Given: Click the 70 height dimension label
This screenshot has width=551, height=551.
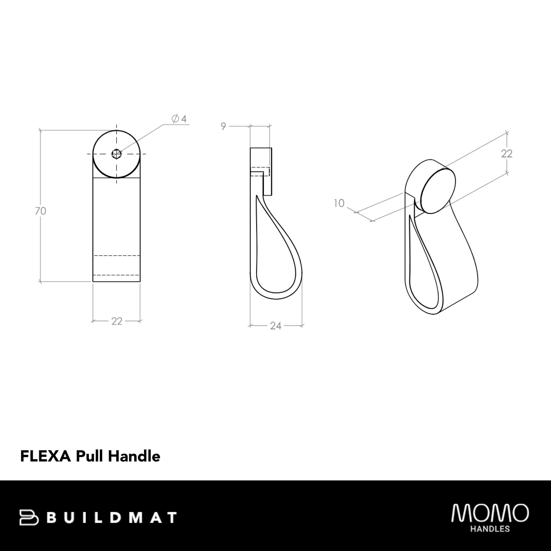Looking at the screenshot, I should click(x=40, y=211).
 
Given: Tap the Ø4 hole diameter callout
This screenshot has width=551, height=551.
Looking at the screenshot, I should click(x=179, y=119).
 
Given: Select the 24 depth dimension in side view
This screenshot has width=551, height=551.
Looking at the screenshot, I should click(x=275, y=326).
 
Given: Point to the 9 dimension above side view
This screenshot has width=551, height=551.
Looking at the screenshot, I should click(x=223, y=126).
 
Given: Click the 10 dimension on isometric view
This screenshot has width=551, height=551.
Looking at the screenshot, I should click(x=339, y=203).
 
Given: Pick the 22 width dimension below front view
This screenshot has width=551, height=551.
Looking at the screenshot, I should click(x=117, y=321).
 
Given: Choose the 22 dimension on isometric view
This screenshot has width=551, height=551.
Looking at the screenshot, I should click(x=506, y=153).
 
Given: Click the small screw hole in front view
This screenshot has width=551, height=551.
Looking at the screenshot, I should click(x=116, y=154).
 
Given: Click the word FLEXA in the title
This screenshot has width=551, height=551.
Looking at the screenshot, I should click(x=45, y=456).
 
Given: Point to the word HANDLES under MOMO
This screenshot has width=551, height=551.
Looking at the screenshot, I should click(x=490, y=529).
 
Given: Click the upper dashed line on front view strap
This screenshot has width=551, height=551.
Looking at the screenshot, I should click(x=117, y=255).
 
